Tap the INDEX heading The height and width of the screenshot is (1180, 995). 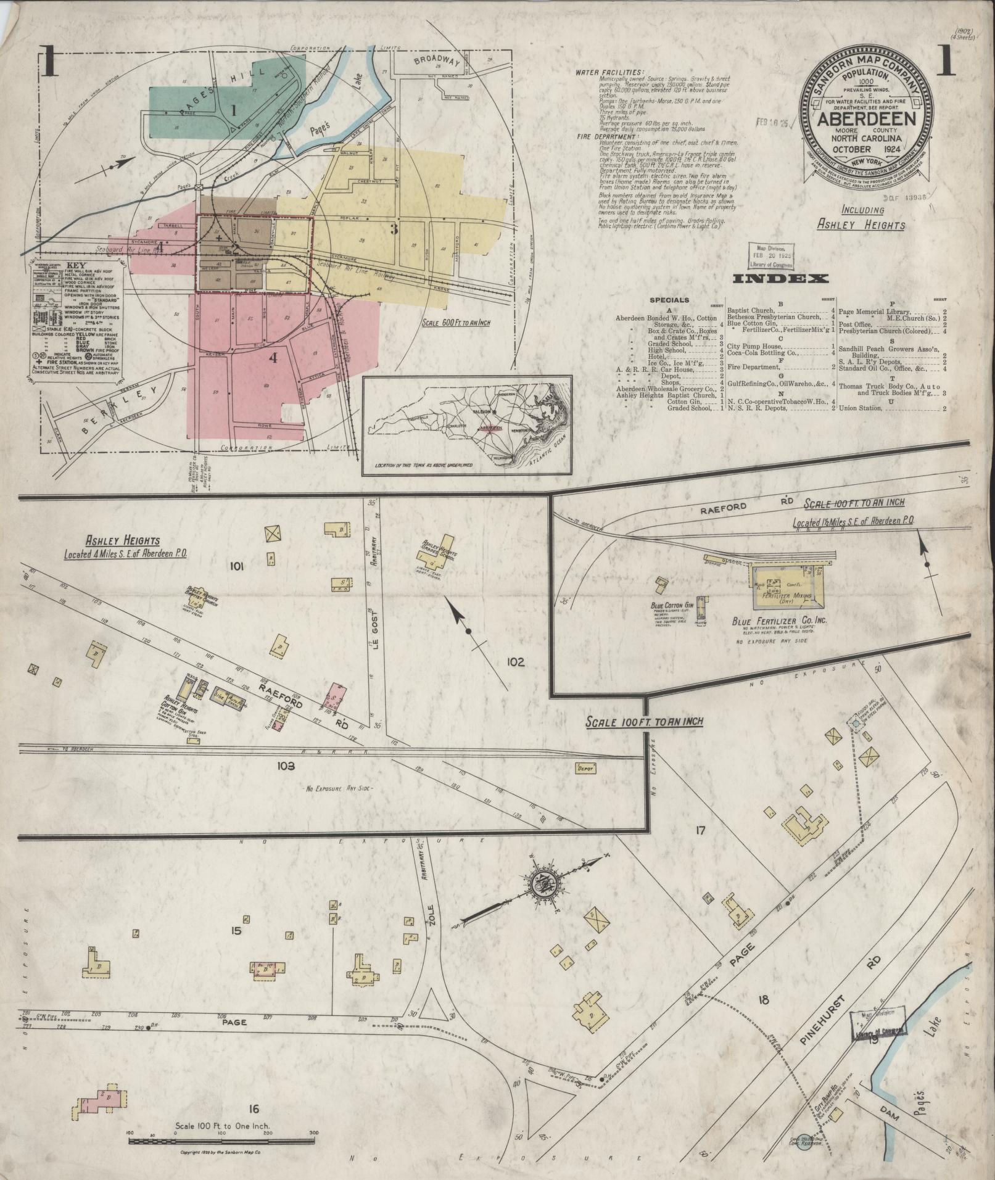pos(780,279)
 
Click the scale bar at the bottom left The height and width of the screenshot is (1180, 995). pos(221,1141)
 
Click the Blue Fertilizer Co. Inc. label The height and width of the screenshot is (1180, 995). pos(781,621)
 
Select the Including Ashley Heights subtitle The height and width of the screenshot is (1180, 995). pos(861,218)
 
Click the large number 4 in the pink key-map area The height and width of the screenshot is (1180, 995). pos(272,357)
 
